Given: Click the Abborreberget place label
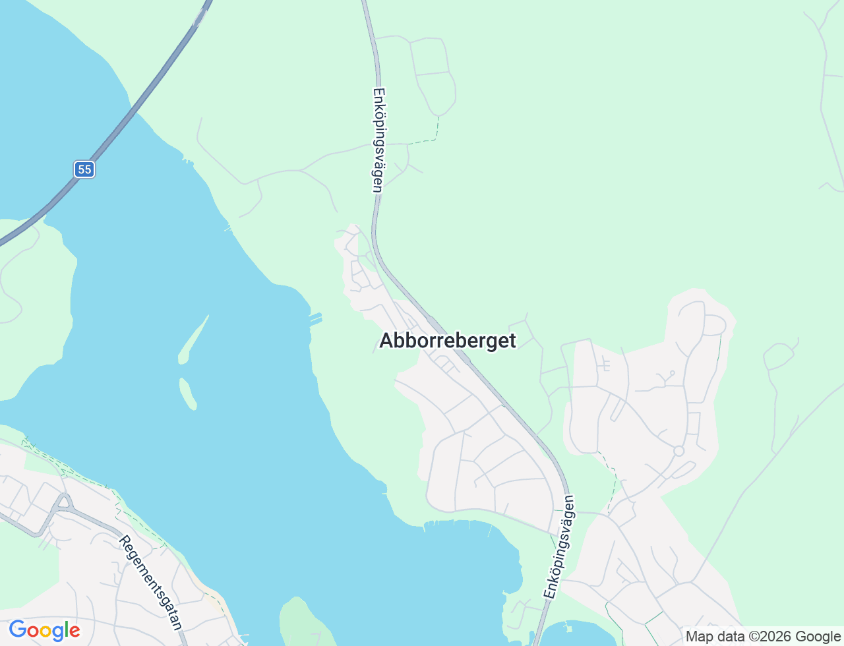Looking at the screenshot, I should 448,340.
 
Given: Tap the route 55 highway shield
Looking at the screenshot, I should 84,169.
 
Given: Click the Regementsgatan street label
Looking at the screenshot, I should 150,582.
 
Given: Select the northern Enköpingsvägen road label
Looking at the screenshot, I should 378,140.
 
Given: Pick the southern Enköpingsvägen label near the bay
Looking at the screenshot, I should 560,546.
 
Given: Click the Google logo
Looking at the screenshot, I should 44,630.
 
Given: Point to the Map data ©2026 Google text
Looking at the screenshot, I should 763,636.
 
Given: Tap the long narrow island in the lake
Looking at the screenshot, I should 193,340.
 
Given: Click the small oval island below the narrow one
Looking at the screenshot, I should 188,394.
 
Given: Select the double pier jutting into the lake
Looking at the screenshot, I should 315,320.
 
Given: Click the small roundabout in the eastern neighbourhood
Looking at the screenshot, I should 678,451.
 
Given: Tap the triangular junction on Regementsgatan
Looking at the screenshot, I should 64,502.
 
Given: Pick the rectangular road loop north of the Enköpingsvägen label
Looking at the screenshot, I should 432,73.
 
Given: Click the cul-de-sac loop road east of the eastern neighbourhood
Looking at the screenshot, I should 779,356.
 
